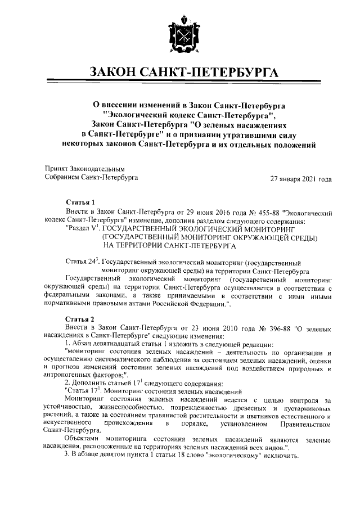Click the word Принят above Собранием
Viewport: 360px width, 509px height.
56,168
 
